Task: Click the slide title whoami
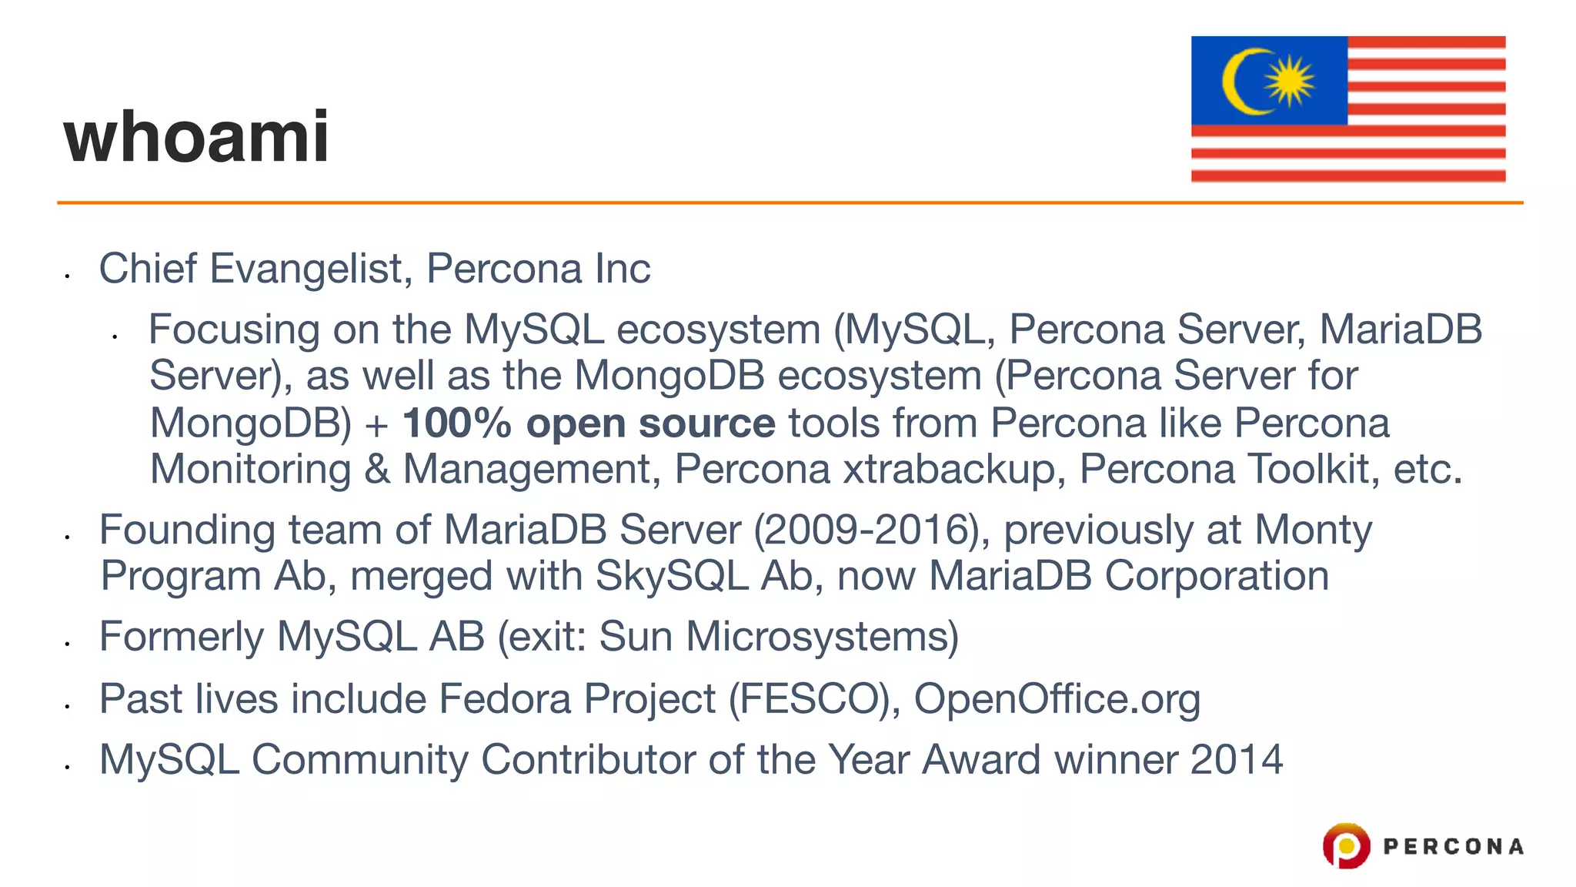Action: [197, 137]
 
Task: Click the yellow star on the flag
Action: [1290, 81]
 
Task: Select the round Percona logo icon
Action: [1346, 845]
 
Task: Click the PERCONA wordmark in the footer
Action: [1453, 847]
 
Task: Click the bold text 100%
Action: [457, 423]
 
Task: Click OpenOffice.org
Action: [1057, 699]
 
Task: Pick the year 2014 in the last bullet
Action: [1237, 760]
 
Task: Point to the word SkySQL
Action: [672, 576]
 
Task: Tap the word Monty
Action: [1313, 530]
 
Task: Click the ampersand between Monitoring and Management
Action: [377, 470]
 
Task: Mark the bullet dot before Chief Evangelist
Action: [68, 275]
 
